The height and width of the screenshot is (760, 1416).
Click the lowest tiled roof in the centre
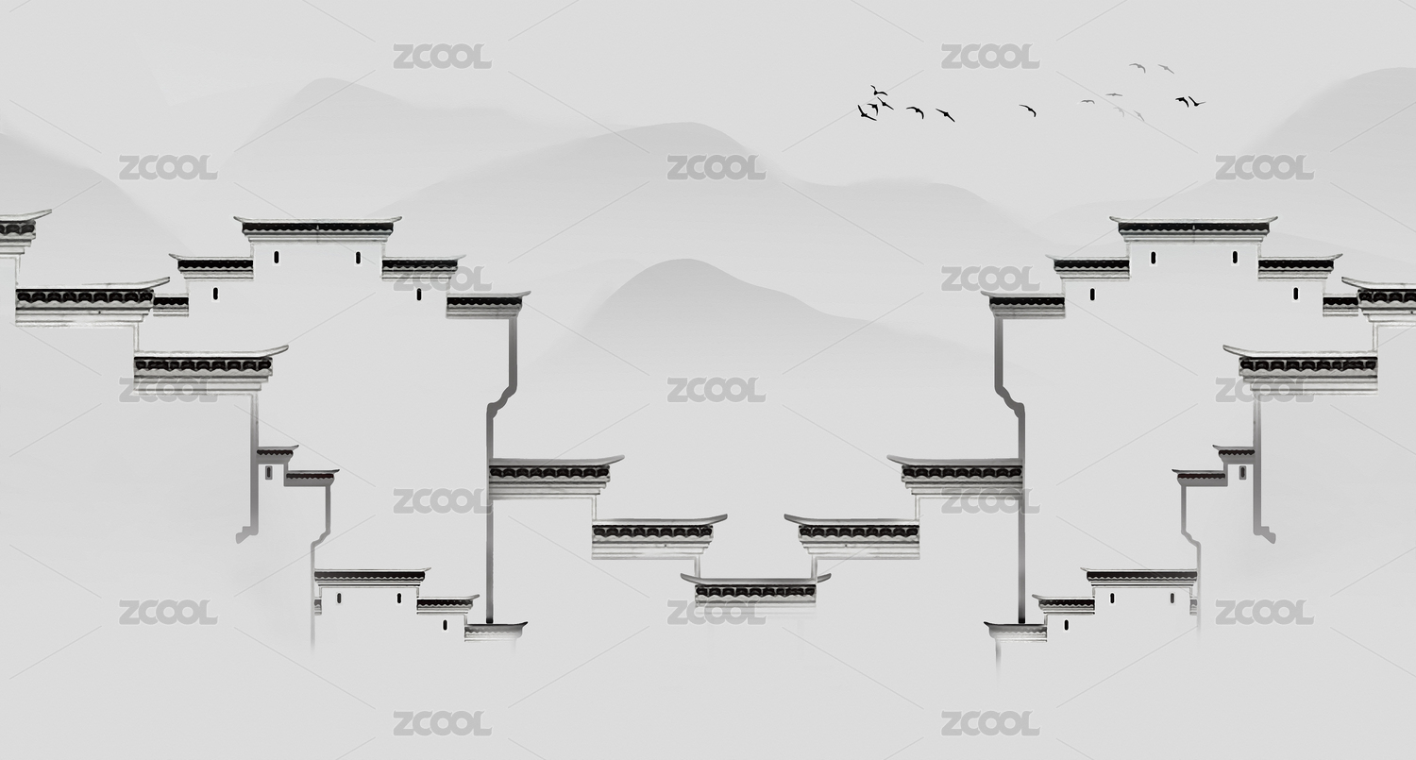coord(755,589)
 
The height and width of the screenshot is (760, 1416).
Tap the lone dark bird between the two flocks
coord(1028,110)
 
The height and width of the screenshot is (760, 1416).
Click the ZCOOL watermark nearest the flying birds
coord(989,57)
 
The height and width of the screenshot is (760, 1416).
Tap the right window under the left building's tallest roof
coord(358,258)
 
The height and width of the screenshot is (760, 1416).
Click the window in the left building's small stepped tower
coord(269,471)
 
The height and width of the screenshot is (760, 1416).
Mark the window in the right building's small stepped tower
coord(1241,471)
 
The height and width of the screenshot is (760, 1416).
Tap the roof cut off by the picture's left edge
coord(17,228)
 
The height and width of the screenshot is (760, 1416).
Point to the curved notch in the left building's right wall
coord(504,397)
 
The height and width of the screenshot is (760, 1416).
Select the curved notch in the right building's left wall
coord(1007,397)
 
